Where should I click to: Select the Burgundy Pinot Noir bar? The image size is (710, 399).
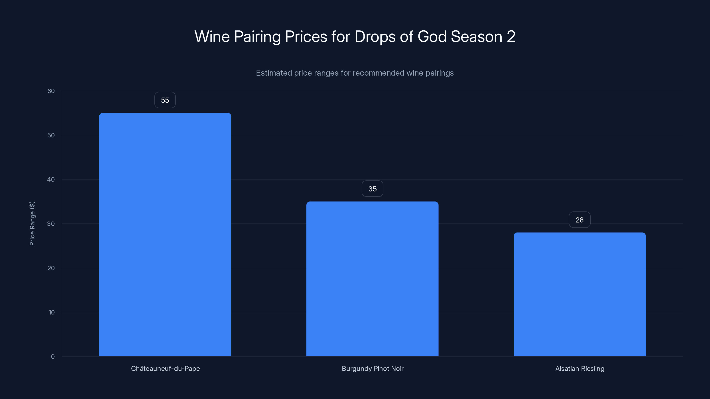click(372, 279)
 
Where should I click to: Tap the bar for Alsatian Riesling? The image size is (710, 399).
click(580, 294)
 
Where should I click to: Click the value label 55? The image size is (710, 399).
click(165, 100)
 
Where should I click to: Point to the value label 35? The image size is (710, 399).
click(372, 189)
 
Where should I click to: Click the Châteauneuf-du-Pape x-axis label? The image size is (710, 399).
click(165, 368)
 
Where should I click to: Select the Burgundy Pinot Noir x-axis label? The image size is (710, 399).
click(372, 368)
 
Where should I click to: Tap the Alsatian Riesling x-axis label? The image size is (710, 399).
click(580, 368)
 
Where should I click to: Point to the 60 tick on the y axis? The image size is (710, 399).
click(51, 91)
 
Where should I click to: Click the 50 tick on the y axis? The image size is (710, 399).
click(51, 135)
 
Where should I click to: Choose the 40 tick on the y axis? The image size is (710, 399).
click(51, 180)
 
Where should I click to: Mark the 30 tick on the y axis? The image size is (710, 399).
click(51, 224)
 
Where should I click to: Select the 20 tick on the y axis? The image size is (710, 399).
click(51, 268)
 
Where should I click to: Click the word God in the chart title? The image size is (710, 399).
click(432, 37)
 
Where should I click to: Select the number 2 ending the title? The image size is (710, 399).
click(511, 37)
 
